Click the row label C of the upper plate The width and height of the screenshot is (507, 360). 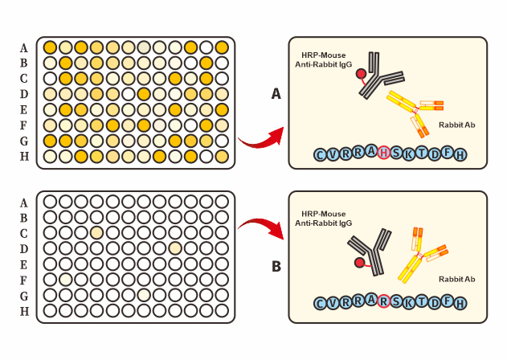(24, 79)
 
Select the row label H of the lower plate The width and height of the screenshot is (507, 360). (24, 311)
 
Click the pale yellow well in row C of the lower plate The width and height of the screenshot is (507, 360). (96, 233)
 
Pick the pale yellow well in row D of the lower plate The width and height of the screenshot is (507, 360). (174, 248)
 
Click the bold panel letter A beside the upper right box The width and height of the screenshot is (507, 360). (276, 94)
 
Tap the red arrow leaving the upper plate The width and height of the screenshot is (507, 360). (261, 138)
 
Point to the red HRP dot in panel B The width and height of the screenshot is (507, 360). (360, 263)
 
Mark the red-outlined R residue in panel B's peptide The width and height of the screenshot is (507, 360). (383, 302)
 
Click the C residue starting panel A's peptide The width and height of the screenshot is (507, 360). (321, 154)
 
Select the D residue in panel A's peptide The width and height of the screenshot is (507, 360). (435, 153)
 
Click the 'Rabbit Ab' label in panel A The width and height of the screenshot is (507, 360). (456, 125)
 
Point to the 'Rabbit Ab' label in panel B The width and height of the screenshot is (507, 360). (456, 279)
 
